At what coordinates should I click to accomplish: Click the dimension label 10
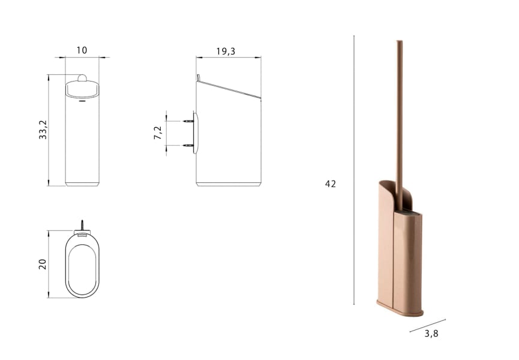click(x=82, y=50)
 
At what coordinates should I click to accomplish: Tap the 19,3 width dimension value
click(x=226, y=51)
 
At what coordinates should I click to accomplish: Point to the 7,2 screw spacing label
click(x=158, y=133)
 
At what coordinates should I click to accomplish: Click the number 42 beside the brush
click(x=331, y=184)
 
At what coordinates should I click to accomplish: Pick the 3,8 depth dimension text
click(x=431, y=334)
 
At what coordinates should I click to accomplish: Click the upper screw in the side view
click(x=188, y=121)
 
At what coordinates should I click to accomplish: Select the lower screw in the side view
click(x=188, y=145)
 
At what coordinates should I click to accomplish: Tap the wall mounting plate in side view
click(x=195, y=132)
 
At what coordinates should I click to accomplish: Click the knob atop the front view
click(x=82, y=77)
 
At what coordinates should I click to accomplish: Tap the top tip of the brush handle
click(x=399, y=42)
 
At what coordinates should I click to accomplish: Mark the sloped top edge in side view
click(x=231, y=89)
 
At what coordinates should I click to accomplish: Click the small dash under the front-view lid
click(x=82, y=101)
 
